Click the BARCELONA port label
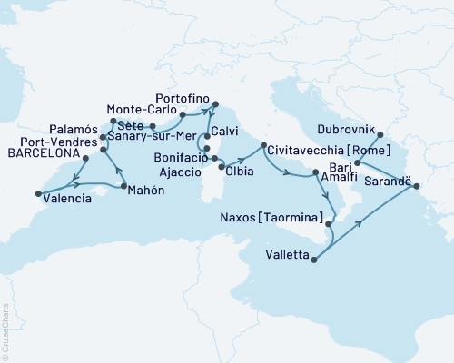tap(40, 155)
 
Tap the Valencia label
tap(67, 198)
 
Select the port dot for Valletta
tap(313, 260)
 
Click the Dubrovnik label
tap(348, 127)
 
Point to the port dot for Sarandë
tap(418, 187)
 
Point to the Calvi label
tap(227, 129)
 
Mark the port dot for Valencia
tap(38, 192)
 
